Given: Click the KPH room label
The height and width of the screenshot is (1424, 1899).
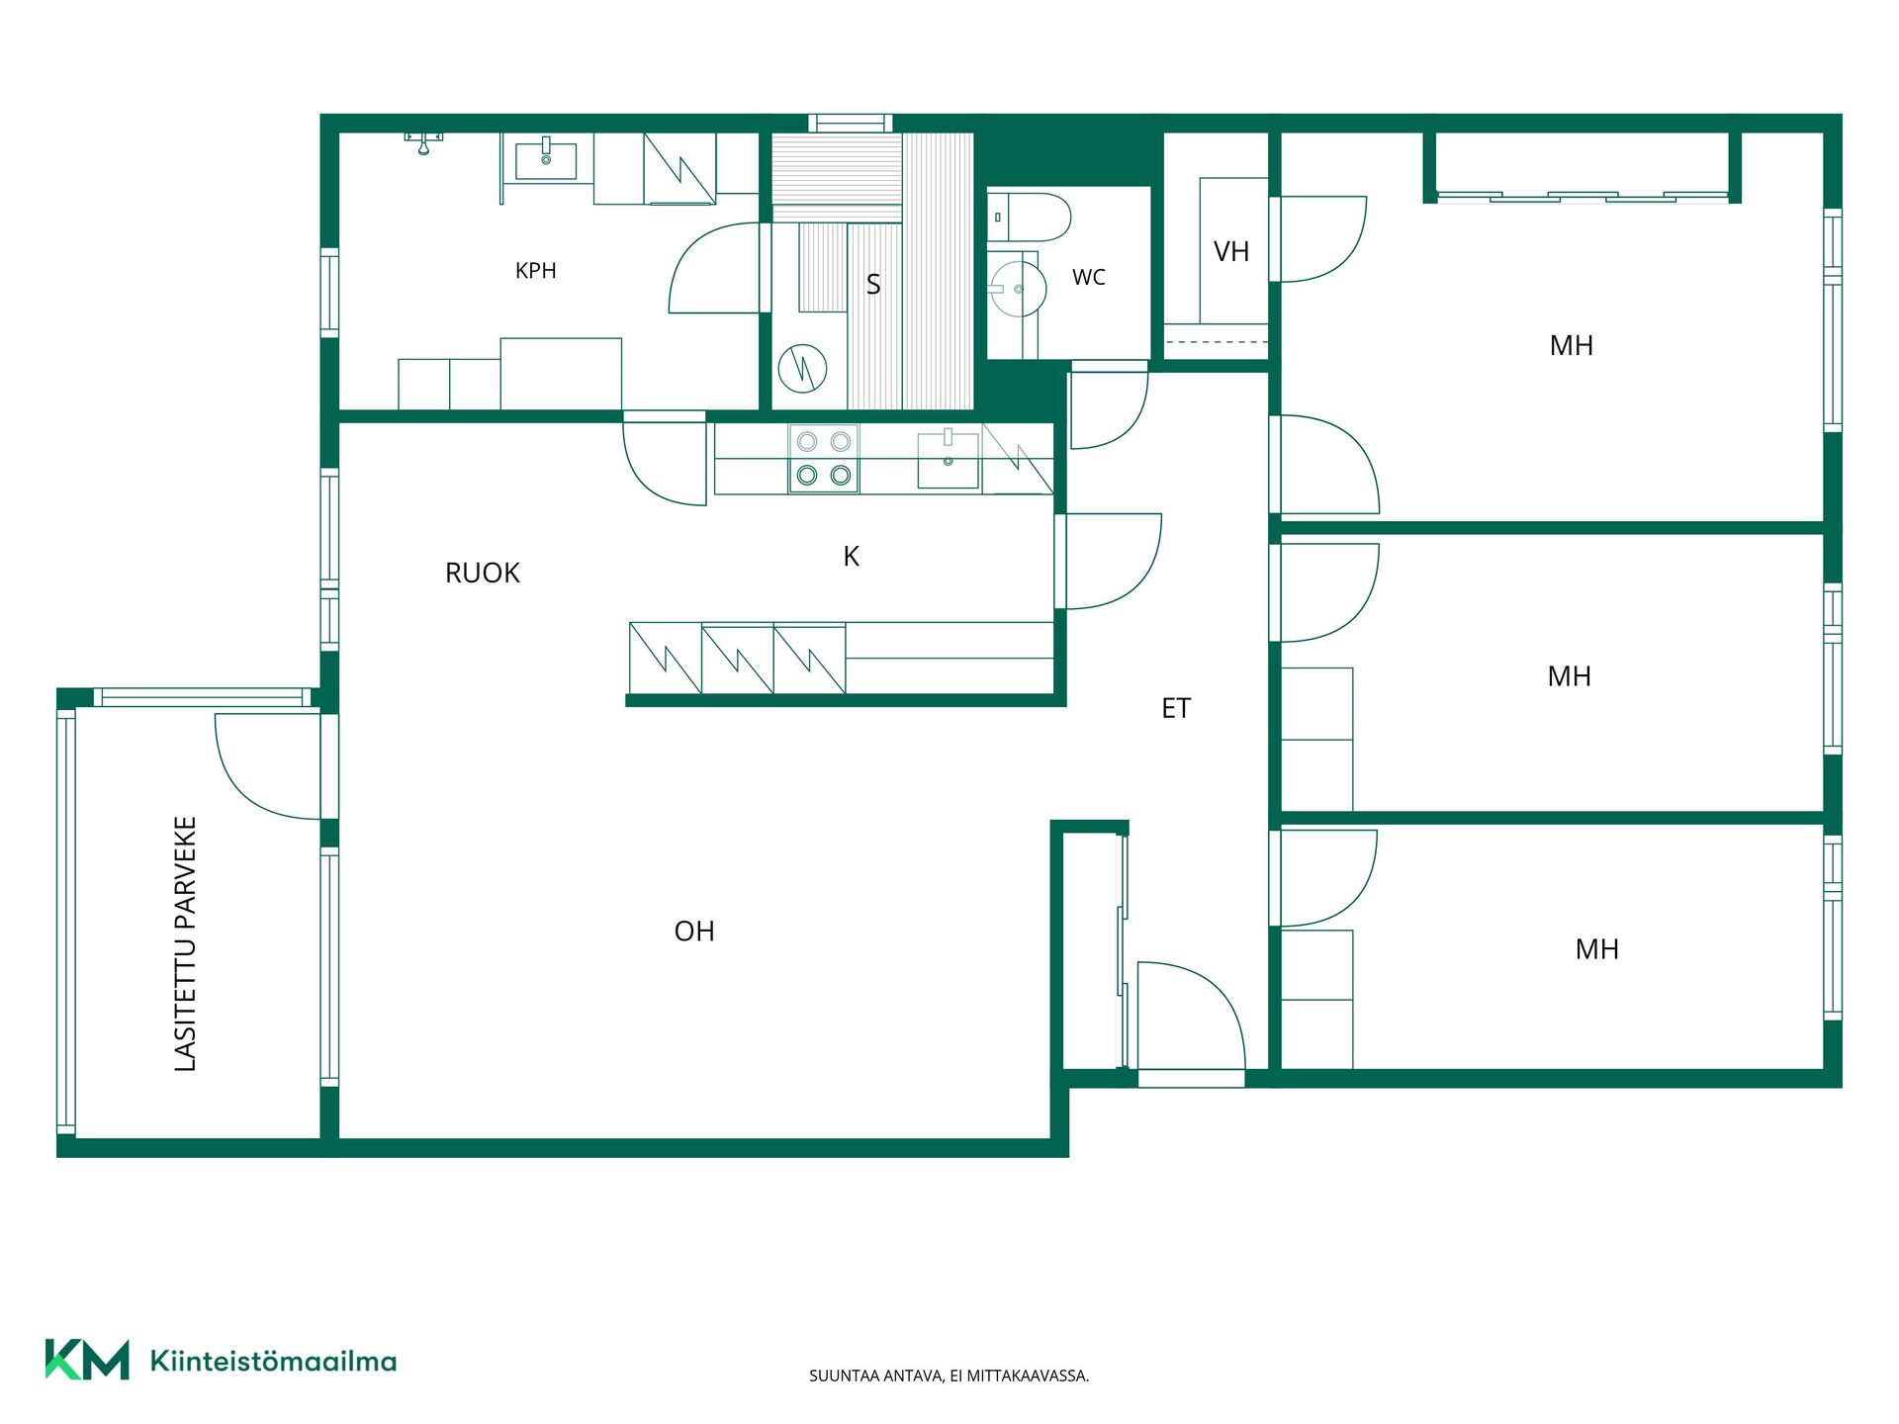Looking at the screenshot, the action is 536,271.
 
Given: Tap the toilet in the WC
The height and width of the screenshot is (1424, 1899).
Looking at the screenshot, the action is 1030,218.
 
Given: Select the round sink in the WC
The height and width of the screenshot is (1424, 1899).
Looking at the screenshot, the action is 1018,289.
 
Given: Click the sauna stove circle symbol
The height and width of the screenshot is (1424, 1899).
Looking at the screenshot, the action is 802,368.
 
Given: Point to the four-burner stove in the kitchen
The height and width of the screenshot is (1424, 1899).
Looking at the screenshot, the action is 823,459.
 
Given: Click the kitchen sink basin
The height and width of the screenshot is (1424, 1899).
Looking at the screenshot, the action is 949,460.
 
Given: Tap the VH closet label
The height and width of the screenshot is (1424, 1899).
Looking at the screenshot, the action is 1231,252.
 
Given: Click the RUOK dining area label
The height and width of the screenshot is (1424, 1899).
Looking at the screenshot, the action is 483,574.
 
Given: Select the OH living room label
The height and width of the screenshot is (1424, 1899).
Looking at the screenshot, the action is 694,932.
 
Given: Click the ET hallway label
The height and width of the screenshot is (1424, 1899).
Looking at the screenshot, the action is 1176,708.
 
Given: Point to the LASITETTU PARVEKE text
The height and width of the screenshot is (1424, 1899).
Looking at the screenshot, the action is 186,943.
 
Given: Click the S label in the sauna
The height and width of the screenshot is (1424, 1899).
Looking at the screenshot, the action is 873,285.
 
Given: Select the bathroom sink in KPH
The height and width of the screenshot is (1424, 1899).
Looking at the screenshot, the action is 546,160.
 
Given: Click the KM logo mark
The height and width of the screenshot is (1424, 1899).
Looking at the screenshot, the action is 87,1360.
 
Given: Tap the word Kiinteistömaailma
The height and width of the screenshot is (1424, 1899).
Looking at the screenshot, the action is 273,1362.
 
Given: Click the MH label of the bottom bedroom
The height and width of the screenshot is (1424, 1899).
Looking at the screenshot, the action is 1597,949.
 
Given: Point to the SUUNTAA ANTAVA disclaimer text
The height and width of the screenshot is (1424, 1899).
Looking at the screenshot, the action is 949,1376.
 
